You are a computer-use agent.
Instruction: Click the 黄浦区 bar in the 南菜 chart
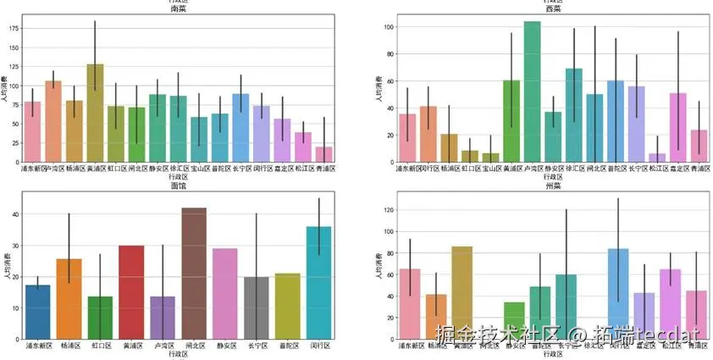(x=95, y=114)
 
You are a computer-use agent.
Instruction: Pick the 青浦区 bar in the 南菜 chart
(x=324, y=154)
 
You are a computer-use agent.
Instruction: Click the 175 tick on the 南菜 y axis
(x=13, y=28)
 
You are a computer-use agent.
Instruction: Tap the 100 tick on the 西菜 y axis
(x=390, y=27)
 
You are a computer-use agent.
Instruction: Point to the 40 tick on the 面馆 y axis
(x=14, y=214)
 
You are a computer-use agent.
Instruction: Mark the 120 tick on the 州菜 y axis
(x=388, y=209)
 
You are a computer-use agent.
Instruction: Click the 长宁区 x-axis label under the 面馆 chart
(x=257, y=346)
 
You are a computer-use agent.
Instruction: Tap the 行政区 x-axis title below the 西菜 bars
(x=532, y=177)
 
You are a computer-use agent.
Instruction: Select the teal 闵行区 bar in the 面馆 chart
(x=318, y=283)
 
